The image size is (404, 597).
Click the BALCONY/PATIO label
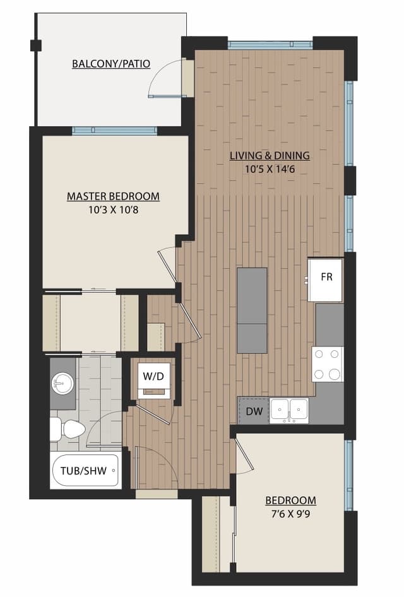111,64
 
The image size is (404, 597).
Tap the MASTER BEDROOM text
113,196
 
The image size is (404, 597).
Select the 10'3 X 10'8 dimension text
113,210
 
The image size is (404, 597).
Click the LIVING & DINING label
270,155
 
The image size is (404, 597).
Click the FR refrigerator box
326,278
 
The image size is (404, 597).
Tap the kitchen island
252,310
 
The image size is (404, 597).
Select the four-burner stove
328,364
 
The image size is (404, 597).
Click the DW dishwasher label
253,411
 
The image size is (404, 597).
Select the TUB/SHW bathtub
85,470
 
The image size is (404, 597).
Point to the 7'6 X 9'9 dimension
291,514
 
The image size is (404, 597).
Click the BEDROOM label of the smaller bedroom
291,500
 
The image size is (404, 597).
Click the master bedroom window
114,131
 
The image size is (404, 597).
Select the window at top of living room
270,45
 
